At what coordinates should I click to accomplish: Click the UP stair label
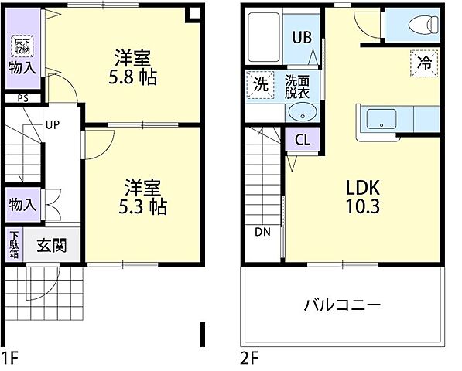click(53, 124)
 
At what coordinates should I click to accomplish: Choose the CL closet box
click(303, 141)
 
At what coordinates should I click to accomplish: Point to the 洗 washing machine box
click(261, 84)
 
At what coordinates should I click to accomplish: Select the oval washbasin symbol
click(300, 113)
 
